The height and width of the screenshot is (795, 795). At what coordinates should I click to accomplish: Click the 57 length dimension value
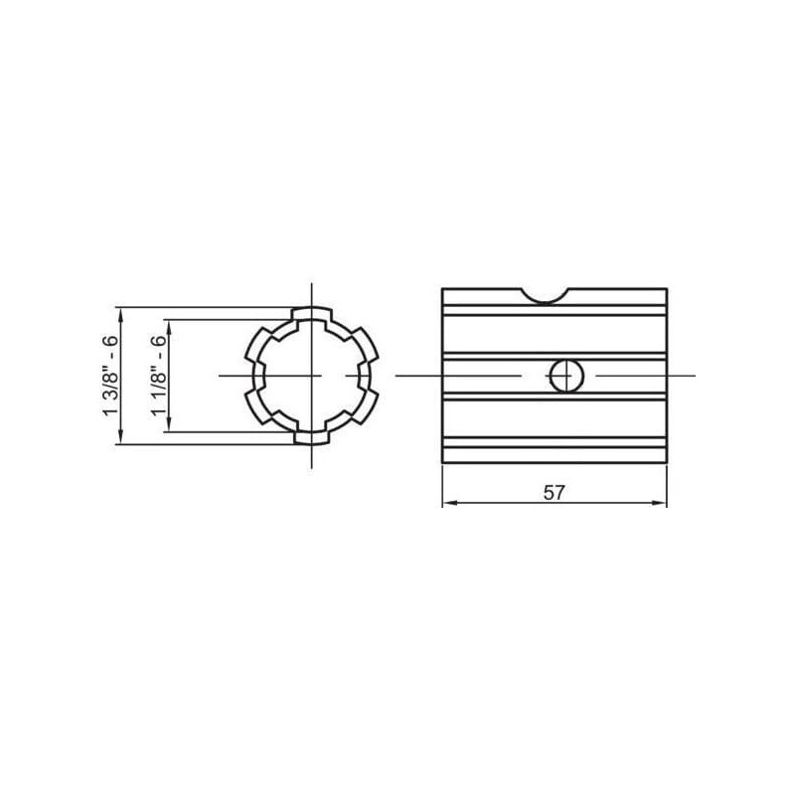coord(554,492)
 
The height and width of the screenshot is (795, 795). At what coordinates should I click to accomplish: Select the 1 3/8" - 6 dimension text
coord(110,376)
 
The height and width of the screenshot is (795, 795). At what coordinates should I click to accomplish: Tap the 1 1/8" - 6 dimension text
coord(159,376)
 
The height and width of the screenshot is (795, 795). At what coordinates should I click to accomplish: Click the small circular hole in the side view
coord(566,376)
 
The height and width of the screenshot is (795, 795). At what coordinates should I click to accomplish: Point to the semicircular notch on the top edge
coord(545,297)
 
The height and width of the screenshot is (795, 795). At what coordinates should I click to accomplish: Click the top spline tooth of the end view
coord(312,313)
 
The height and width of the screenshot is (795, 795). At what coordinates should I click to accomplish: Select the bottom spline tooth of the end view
coord(312,438)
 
